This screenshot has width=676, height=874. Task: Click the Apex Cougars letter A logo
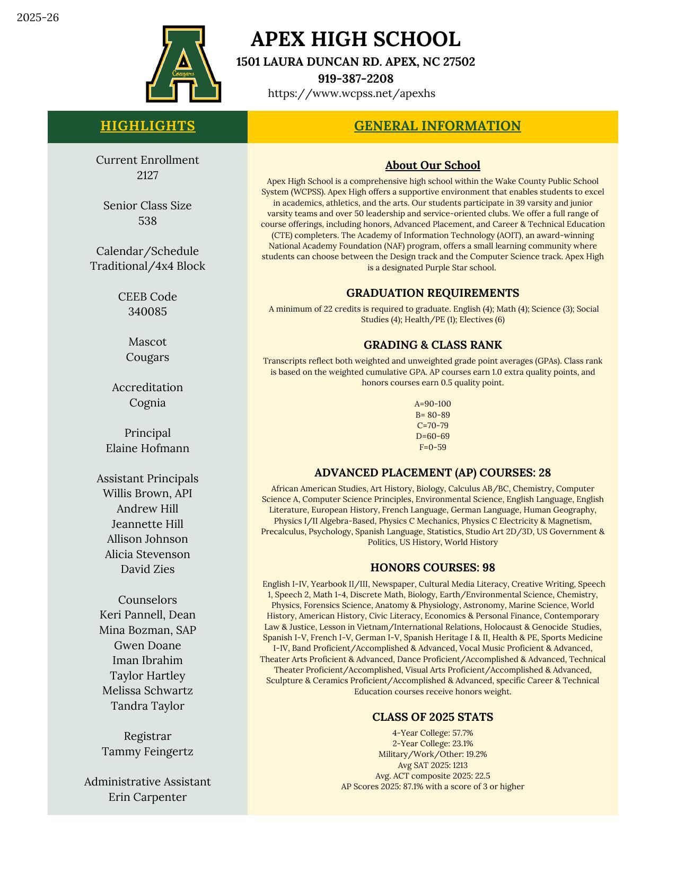183,64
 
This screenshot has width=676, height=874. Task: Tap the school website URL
351,94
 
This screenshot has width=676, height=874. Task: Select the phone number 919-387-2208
355,78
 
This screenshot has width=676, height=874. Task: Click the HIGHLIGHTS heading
147,126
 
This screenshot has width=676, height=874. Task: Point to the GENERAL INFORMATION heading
437,126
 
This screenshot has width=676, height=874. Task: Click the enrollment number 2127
147,175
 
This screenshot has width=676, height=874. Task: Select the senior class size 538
147,221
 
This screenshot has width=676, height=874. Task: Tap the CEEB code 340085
147,312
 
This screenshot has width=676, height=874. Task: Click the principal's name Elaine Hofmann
147,448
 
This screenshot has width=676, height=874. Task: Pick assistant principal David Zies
147,569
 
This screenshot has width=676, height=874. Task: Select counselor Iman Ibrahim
147,660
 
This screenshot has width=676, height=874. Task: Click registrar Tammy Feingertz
147,752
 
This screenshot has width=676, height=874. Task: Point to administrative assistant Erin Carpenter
147,797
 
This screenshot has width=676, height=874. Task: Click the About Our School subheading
433,165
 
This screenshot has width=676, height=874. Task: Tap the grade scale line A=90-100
433,404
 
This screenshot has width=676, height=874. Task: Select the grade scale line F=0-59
433,447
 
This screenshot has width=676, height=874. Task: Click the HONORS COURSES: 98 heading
433,568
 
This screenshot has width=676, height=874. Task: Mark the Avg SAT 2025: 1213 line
433,765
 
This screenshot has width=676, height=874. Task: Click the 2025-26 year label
38,17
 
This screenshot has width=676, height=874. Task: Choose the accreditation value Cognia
147,403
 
